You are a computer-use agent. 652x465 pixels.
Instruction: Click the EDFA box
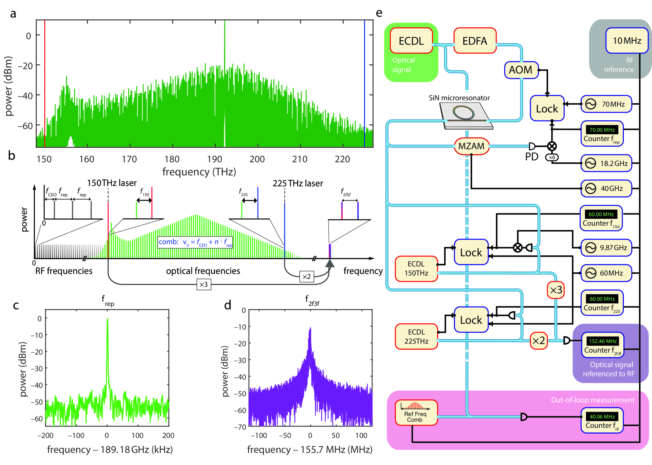[x=475, y=41]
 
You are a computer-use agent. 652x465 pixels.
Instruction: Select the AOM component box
[x=521, y=70]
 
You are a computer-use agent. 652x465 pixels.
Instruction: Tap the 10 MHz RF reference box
[x=627, y=41]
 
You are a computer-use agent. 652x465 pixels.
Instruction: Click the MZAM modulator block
[x=471, y=146]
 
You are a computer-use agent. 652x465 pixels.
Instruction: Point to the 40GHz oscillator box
[x=606, y=189]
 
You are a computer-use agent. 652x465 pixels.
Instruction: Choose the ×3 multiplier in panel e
[x=556, y=290]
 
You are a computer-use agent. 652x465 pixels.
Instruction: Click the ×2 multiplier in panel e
[x=539, y=341]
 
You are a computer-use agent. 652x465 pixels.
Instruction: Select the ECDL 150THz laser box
[x=416, y=268]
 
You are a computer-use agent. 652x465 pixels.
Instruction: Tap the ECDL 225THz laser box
[x=416, y=336]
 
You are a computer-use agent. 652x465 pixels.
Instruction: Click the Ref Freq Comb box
[x=416, y=413]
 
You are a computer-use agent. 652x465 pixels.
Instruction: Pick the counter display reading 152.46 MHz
[x=602, y=341]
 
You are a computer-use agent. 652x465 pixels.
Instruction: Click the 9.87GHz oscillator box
[x=606, y=248]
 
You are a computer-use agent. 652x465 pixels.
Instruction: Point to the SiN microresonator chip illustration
[x=466, y=116]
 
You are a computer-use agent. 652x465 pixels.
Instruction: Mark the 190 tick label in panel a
[x=215, y=159]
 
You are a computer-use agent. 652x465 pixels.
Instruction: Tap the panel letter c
[x=16, y=305]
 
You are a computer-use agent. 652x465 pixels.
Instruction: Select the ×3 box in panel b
[x=203, y=284]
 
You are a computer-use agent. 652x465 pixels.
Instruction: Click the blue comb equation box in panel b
[x=195, y=242]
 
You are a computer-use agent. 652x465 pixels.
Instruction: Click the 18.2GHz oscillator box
[x=606, y=163]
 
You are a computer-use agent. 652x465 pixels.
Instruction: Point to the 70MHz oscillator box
[x=606, y=104]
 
